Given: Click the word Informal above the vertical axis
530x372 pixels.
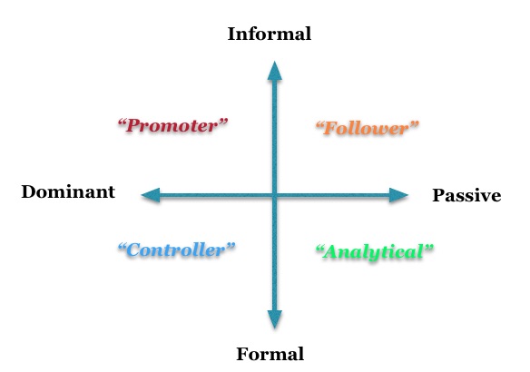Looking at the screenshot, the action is point(270,34).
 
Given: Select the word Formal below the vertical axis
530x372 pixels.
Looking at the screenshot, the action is point(270,354).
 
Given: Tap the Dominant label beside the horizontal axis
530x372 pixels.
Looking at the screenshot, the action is point(68,191).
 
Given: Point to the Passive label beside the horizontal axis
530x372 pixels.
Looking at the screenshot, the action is point(466,195).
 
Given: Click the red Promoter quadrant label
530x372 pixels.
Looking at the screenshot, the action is point(172,125).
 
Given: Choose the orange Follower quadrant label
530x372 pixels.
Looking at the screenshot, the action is point(367,129).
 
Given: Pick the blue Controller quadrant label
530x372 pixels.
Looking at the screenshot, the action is point(176,250).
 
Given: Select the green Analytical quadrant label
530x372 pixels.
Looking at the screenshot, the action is point(374,252).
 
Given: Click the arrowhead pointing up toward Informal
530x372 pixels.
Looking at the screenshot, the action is point(275,71).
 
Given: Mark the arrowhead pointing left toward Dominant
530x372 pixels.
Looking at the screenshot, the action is point(151,195).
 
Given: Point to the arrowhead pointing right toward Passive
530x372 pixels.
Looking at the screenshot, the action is point(398,195).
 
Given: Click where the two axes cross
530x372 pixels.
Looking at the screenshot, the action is point(275,195).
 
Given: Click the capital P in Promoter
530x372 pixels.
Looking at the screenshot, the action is point(133,126).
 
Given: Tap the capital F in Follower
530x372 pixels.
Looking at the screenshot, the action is point(330,129).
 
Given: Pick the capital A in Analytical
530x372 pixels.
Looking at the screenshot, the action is point(332,251).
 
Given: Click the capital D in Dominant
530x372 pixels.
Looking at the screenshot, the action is point(29,192).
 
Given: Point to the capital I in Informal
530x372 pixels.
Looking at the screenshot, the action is point(232,34).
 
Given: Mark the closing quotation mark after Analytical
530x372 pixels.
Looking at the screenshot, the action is point(428,248).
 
